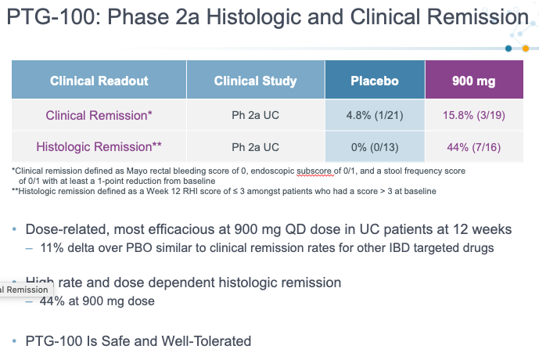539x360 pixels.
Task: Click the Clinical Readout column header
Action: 99,81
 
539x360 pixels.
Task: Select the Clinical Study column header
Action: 255,81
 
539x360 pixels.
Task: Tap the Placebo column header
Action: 375,81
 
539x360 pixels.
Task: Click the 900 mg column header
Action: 474,81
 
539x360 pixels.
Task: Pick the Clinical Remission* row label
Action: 99,116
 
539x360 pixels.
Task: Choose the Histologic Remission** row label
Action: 99,147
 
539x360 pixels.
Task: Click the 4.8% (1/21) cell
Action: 375,115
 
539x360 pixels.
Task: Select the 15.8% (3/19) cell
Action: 474,115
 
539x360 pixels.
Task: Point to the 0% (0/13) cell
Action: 375,147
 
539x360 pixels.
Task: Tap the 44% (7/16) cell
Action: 474,147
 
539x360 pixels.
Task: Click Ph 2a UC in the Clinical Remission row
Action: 255,115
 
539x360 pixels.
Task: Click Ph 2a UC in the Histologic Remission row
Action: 255,147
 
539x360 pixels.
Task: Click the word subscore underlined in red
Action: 315,171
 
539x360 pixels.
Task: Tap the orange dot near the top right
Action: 526,49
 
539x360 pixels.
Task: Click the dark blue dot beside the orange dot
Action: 508,49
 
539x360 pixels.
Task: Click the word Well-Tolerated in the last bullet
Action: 207,341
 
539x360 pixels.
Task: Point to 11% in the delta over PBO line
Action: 52,248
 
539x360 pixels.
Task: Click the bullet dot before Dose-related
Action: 14,229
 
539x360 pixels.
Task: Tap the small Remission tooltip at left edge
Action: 27,290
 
